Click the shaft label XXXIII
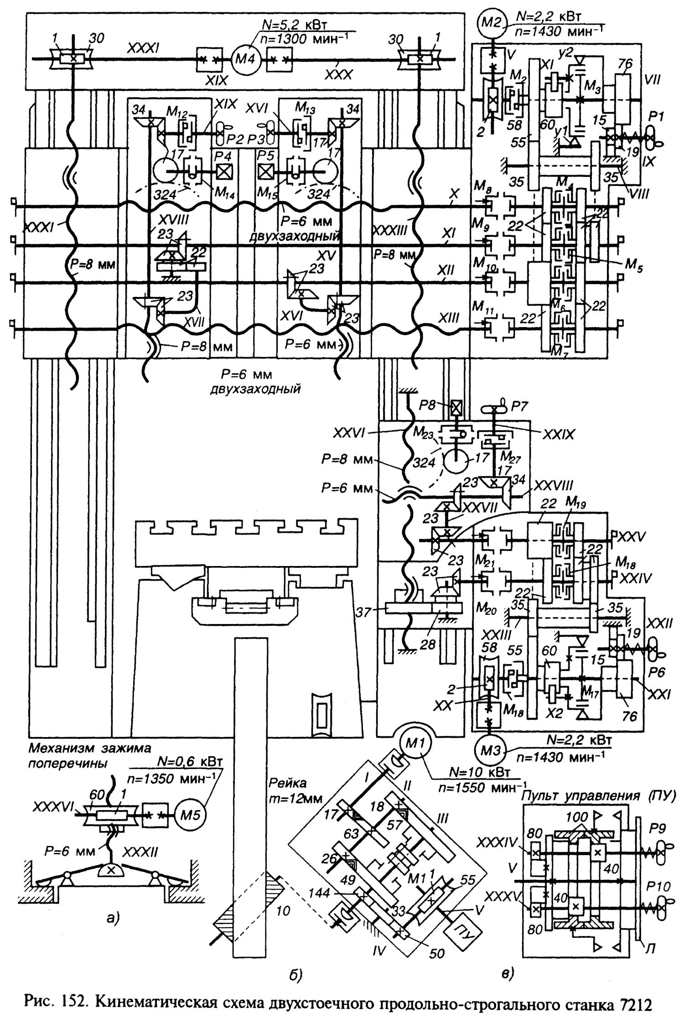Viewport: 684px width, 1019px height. click(x=389, y=231)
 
